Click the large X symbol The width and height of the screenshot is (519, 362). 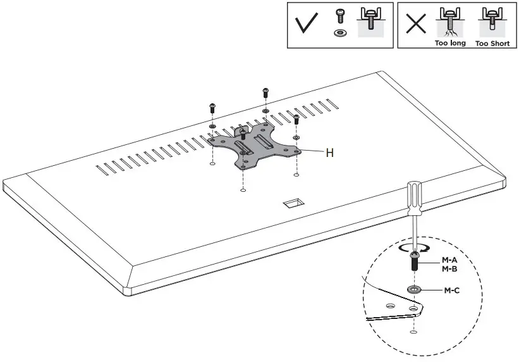(x=415, y=24)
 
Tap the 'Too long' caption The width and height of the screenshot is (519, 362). (x=450, y=44)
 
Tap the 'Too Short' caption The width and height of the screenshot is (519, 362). (x=492, y=44)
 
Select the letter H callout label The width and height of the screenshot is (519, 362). (x=329, y=152)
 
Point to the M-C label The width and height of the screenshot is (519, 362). (x=452, y=290)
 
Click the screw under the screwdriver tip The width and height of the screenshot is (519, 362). (x=413, y=261)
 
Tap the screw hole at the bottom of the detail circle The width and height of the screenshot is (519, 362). (x=413, y=331)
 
